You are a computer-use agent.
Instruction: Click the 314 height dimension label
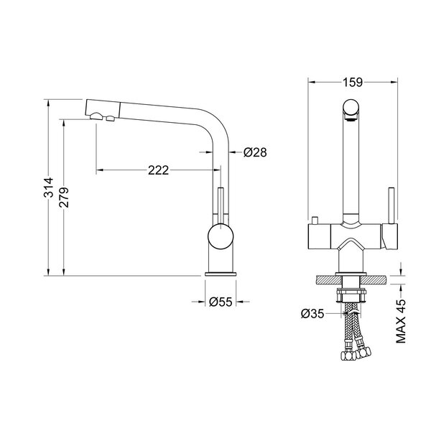49,187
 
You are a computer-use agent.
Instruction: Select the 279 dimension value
64,198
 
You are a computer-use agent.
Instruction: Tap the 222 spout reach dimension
158,170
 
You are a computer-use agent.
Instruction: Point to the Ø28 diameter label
255,152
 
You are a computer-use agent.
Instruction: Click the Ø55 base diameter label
221,302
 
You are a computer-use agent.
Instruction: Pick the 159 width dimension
353,82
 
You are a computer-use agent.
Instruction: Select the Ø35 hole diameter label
312,313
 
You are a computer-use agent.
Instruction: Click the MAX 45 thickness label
401,321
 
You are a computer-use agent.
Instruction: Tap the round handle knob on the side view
221,236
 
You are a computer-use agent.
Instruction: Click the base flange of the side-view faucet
221,274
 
